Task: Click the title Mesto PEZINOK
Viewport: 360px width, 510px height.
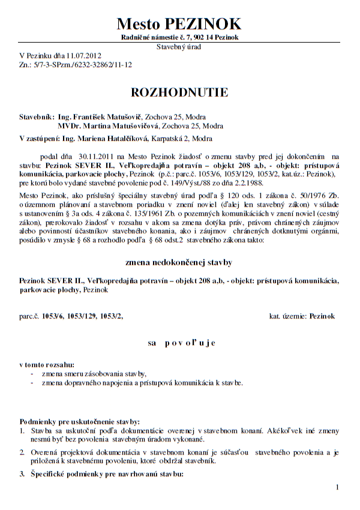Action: [179, 23]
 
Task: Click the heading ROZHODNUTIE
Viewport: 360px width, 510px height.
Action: [179, 92]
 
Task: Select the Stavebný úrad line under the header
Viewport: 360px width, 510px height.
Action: [179, 46]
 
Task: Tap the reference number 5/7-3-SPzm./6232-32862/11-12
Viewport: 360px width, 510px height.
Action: [82, 64]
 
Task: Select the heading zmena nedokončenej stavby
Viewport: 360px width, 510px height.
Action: [179, 263]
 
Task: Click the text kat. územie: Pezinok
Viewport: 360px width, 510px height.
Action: [302, 316]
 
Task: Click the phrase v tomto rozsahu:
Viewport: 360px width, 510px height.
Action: [47, 364]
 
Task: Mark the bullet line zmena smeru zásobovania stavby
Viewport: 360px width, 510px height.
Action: [94, 373]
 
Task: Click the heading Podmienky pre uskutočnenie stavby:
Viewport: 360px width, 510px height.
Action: [72, 421]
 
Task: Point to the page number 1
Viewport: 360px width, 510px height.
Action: [338, 487]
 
